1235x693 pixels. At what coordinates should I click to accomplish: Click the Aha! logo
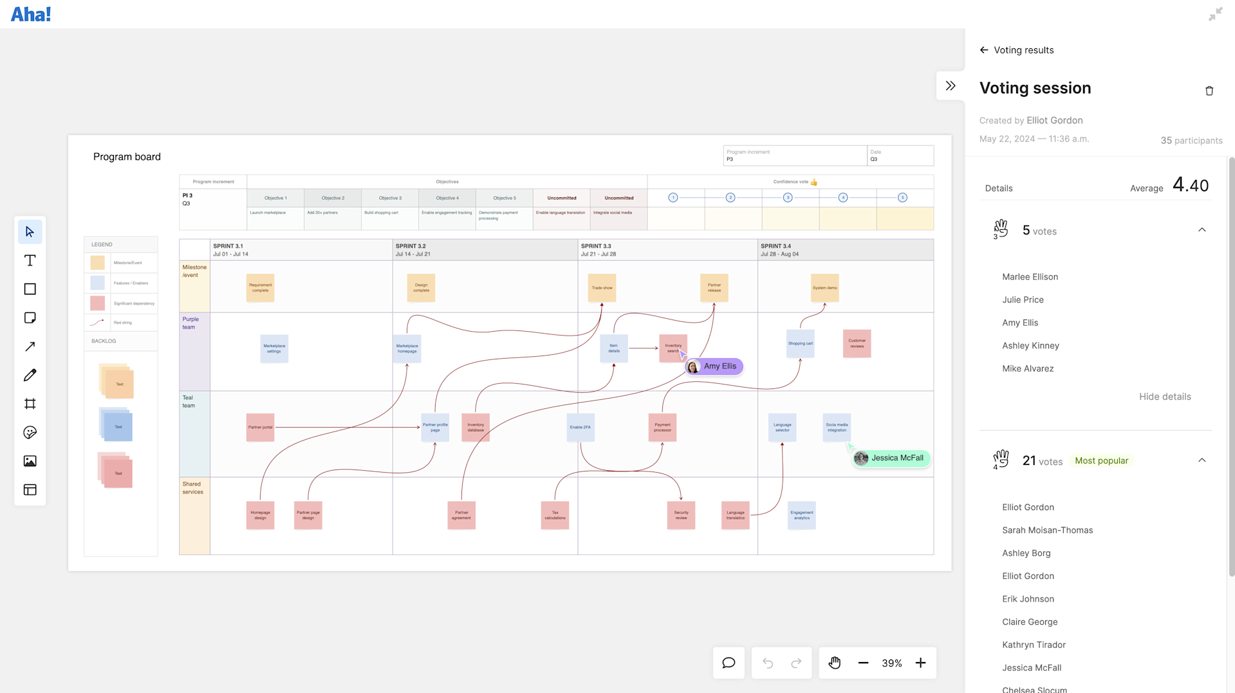(31, 14)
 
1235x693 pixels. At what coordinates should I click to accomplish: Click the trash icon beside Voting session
(1209, 91)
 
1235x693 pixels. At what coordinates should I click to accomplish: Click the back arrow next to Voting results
(984, 50)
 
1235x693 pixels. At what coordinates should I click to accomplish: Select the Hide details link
(1165, 397)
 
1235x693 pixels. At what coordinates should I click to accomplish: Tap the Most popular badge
(1101, 460)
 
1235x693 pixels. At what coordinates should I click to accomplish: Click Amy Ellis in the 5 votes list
(1020, 323)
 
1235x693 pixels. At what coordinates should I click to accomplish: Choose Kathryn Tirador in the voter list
(1034, 645)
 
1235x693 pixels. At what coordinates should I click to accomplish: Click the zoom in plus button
(921, 663)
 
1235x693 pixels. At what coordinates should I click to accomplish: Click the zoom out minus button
(863, 663)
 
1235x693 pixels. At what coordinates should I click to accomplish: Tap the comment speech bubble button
(729, 663)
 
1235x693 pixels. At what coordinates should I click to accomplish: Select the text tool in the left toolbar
(30, 261)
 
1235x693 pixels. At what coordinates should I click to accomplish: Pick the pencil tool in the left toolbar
(30, 375)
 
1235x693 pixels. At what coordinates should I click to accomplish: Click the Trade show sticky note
(602, 288)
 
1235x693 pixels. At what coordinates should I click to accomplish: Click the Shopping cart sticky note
(800, 343)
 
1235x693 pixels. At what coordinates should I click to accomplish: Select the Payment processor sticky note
(662, 427)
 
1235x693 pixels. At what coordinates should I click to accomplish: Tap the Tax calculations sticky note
(555, 515)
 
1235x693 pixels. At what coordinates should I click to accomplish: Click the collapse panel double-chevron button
(951, 86)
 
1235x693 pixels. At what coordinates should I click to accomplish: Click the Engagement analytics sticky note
(801, 515)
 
